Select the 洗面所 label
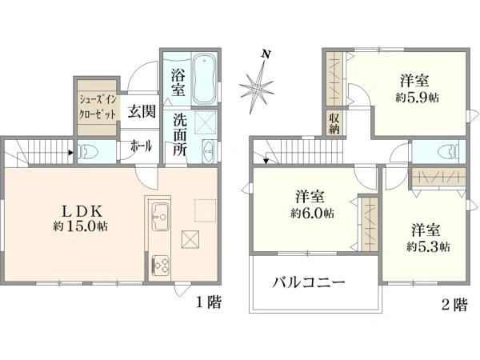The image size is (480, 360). pyautogui.click(x=180, y=131)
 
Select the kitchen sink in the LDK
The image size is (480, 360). pyautogui.click(x=159, y=215)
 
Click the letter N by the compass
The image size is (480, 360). pyautogui.click(x=266, y=54)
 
